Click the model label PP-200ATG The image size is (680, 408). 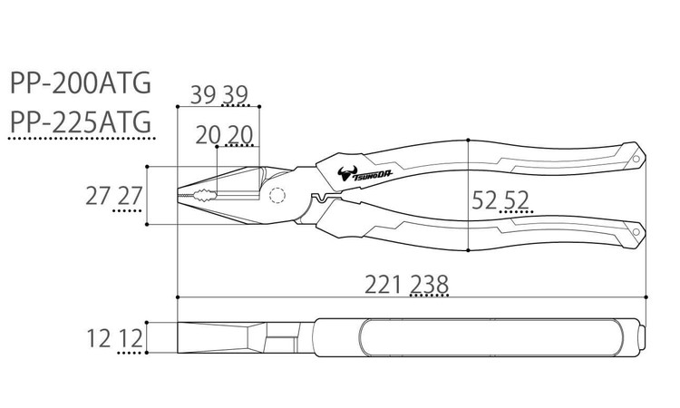[81, 83]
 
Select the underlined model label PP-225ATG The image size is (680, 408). [81, 121]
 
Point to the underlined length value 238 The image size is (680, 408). [430, 285]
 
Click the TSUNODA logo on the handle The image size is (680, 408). [364, 173]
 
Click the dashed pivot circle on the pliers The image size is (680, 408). [277, 196]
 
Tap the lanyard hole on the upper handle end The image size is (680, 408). [636, 159]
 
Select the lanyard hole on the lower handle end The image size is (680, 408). [636, 232]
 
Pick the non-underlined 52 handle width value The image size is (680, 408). [484, 200]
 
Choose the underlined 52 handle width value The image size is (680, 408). [517, 200]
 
